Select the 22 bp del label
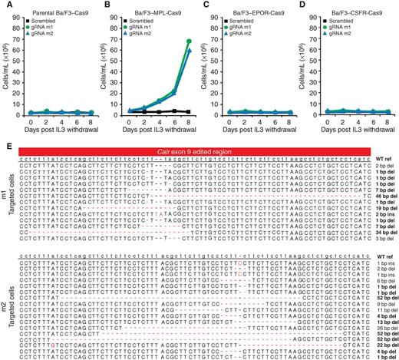(385, 347)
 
